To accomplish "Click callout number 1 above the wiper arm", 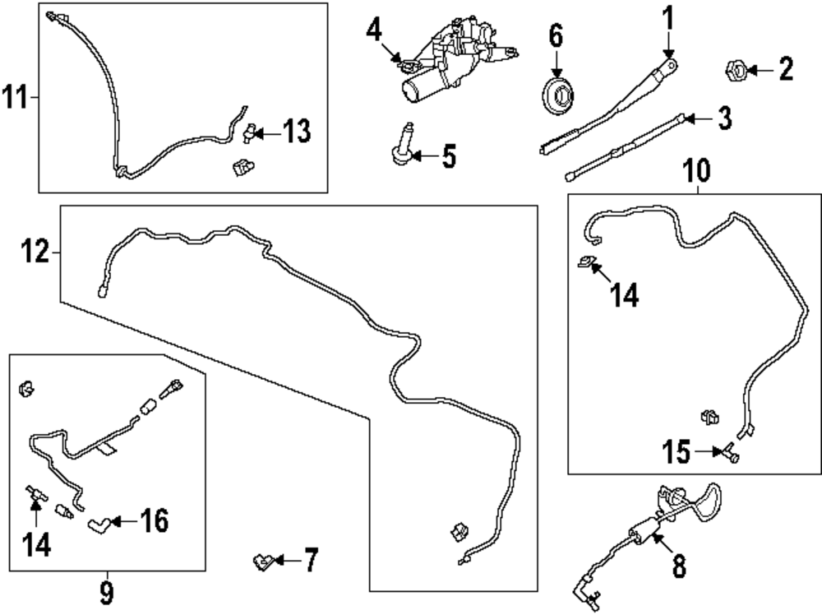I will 667,16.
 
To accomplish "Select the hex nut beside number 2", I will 735,71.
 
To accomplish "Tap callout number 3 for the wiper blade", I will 723,119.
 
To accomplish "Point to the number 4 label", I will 374,32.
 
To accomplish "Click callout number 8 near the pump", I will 679,566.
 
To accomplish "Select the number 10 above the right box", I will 695,172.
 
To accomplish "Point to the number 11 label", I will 15,98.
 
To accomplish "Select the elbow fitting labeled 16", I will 99,522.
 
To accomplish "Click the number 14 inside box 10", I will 623,294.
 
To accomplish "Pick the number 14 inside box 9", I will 35,543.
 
